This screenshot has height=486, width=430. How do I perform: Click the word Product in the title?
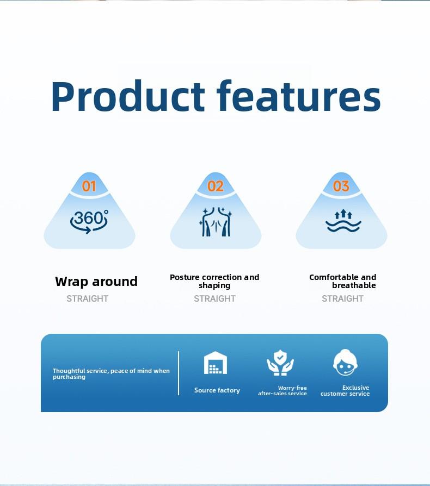point(128,96)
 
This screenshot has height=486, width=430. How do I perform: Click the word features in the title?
point(298,96)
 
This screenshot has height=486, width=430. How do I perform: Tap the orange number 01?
point(89,186)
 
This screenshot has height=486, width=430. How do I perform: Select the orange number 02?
point(216,186)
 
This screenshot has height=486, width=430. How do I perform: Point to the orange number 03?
point(341,186)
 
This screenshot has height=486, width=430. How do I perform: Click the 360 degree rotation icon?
point(89,221)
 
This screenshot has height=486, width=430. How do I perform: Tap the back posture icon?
point(216,222)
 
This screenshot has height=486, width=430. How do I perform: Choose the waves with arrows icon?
point(343,221)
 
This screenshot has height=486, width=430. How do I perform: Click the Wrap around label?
point(96,282)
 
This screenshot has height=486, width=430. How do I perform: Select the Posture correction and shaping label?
point(214,281)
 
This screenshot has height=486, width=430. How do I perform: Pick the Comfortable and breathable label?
point(342,281)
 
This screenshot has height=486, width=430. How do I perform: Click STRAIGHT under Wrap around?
point(88,298)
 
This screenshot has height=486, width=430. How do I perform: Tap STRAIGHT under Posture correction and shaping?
point(214,298)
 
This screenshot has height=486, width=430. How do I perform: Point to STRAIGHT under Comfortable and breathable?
point(342,298)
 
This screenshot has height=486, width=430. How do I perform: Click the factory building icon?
point(216,363)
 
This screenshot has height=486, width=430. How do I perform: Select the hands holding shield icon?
point(280,363)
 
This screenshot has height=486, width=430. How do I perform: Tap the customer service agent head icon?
point(345,363)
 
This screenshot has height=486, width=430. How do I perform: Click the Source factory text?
point(217,390)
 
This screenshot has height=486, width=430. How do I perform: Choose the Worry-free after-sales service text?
point(282,390)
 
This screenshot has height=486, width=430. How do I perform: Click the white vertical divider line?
point(179,373)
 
